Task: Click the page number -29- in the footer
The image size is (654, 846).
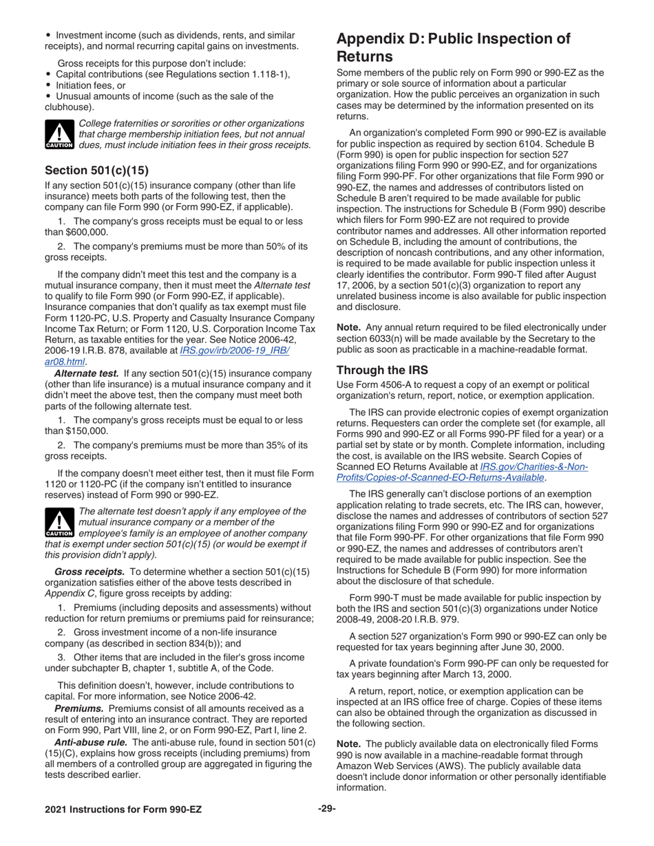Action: (326, 809)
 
